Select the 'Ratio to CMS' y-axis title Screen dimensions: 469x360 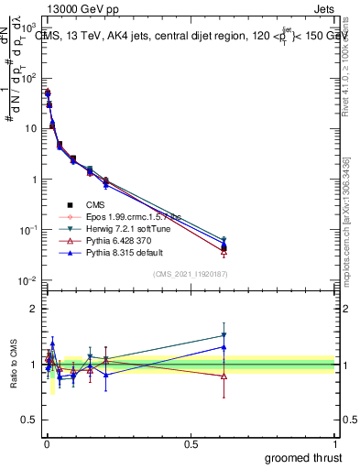(13, 365)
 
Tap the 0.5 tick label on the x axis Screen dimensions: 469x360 (190, 443)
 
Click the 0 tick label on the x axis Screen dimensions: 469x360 (46, 443)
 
